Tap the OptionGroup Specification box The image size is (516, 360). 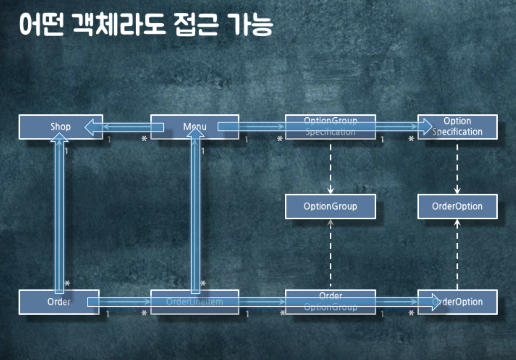coord(330,127)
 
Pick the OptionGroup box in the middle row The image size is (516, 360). coord(330,206)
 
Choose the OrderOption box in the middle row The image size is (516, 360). coord(457,206)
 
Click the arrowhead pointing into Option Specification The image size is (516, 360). coord(427,127)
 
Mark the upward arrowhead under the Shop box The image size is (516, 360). coord(60,138)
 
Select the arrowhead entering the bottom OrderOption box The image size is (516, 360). coord(436,302)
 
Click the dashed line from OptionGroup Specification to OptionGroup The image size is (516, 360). coord(330,166)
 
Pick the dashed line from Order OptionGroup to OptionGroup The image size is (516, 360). coord(330,256)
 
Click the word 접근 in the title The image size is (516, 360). coord(196,25)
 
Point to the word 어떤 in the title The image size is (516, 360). coord(42,25)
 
